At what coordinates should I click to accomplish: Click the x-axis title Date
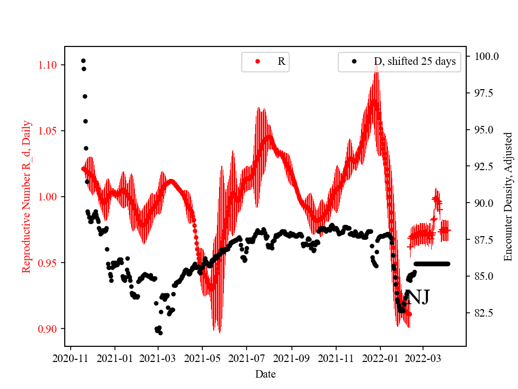coord(265,373)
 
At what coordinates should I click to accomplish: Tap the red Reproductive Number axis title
coord(26,197)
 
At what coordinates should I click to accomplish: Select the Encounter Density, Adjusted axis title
coord(508,197)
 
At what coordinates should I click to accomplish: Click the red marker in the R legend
coord(257,62)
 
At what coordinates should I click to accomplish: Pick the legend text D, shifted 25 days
coord(415,62)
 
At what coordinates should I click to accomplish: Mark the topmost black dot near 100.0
coord(83,61)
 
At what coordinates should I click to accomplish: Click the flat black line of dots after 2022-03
coord(432,264)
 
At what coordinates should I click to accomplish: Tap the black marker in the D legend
coord(354,62)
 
